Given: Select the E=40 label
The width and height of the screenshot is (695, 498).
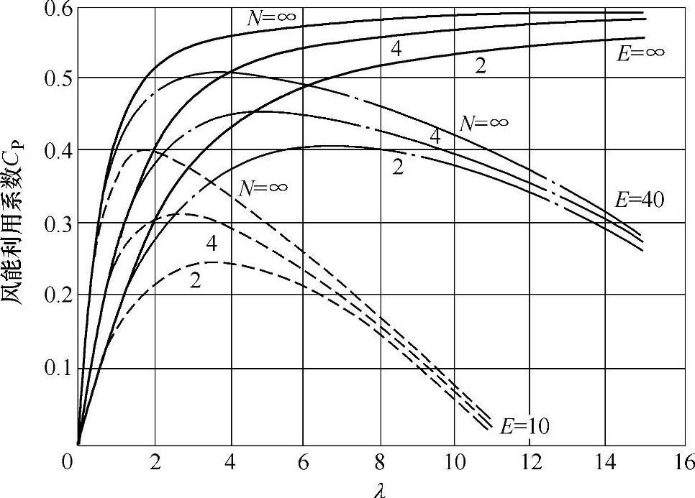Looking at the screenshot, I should tap(640, 200).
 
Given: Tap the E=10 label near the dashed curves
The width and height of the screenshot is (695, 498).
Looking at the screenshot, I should tap(526, 426).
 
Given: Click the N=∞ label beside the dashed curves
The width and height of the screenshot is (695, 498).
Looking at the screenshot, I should tap(264, 188).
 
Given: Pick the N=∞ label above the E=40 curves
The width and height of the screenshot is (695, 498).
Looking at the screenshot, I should tap(484, 122).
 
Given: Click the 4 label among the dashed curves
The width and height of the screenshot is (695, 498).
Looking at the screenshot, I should tap(212, 244).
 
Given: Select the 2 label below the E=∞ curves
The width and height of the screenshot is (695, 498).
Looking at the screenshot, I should tap(481, 67).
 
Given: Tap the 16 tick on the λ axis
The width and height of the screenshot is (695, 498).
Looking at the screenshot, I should tap(683, 461).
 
